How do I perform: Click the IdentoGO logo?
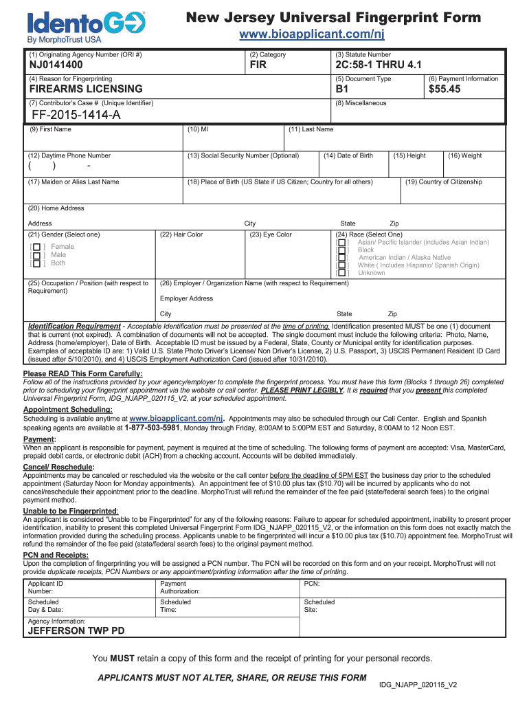click(86, 25)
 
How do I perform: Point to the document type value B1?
click(341, 89)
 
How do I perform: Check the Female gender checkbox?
click(36, 247)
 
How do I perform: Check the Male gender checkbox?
click(36, 256)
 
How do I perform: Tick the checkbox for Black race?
click(342, 250)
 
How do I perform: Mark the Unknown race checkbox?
click(342, 274)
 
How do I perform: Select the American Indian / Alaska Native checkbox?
click(342, 258)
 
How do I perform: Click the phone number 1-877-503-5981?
click(152, 427)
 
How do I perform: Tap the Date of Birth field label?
click(348, 155)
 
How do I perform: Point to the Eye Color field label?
click(271, 234)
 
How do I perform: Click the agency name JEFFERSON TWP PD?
click(76, 630)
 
